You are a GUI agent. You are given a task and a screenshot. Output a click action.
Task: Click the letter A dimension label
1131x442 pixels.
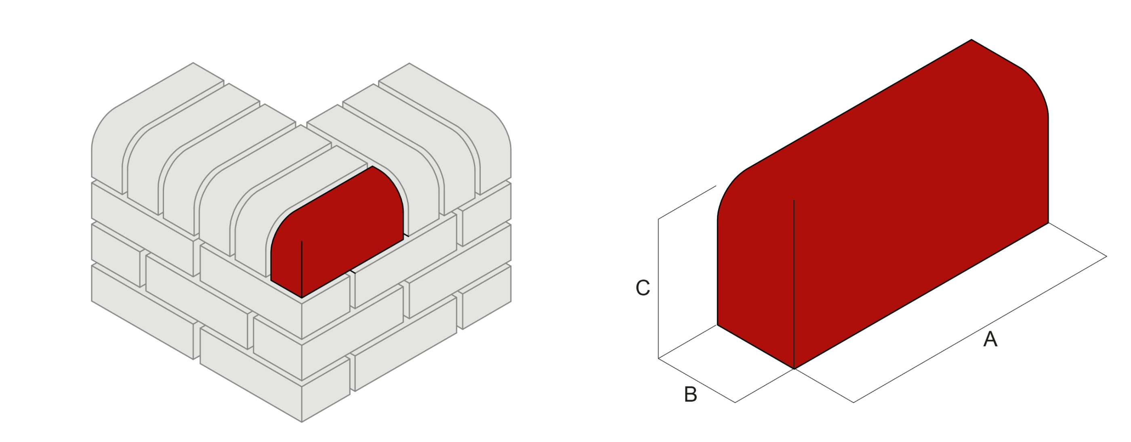990,339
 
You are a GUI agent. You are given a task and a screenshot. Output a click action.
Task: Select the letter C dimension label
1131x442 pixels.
643,288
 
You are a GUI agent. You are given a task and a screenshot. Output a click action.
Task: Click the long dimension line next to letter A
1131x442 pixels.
979,330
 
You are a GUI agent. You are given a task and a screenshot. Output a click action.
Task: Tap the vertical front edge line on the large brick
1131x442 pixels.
794,285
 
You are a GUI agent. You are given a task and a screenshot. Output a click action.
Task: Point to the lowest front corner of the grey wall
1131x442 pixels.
302,422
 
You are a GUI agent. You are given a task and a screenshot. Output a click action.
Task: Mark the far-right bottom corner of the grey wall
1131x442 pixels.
511,302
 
